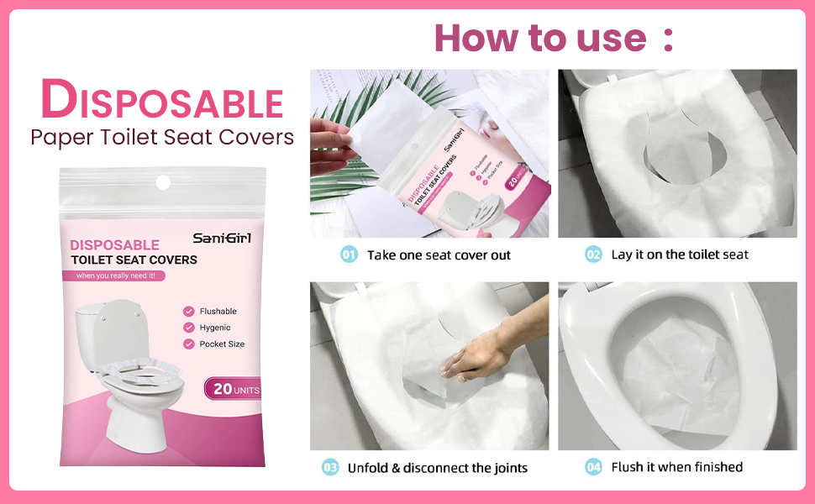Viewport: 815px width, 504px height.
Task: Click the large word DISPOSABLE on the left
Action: (162, 101)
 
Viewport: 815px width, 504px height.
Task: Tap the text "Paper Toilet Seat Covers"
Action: (162, 137)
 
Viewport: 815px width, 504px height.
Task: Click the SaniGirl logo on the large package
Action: (222, 239)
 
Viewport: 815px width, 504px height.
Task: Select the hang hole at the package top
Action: (163, 181)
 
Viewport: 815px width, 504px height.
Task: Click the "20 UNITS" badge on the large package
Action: (233, 389)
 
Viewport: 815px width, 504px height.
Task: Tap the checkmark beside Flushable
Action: (189, 312)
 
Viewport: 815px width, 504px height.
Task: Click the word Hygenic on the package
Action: (215, 328)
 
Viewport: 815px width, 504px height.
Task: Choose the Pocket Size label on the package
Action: (222, 344)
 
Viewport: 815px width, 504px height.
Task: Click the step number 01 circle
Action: (350, 255)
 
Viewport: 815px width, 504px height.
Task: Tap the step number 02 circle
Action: (594, 255)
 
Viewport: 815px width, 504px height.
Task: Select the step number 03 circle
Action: (330, 467)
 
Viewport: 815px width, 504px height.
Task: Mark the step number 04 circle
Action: (594, 467)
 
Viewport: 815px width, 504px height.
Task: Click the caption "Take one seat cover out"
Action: (439, 255)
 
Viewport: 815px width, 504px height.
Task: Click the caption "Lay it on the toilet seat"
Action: (680, 255)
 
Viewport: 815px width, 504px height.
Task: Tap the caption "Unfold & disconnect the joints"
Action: (438, 467)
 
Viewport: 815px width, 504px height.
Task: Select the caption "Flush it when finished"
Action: (677, 467)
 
